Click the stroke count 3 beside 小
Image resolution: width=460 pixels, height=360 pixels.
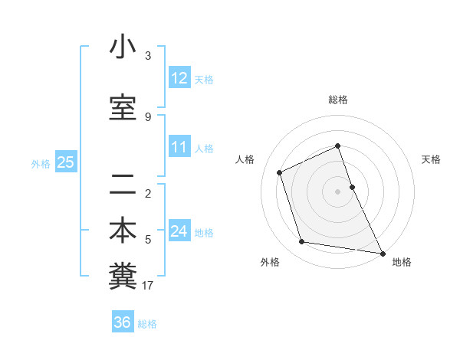[x=148, y=56]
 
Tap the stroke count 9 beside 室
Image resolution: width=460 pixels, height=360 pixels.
[x=148, y=117]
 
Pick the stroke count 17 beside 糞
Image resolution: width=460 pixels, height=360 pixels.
[x=148, y=286]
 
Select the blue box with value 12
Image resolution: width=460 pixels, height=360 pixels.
[x=179, y=77]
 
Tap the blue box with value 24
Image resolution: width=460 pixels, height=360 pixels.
[x=179, y=231]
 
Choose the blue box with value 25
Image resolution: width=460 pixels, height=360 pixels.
[x=65, y=162]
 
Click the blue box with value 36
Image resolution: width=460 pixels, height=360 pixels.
[x=123, y=322]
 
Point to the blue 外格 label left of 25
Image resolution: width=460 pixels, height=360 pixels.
[x=41, y=163]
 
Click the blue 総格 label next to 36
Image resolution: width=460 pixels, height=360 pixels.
[x=147, y=324]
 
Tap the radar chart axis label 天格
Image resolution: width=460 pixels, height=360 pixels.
[x=431, y=159]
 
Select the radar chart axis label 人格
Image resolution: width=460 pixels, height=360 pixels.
[x=245, y=159]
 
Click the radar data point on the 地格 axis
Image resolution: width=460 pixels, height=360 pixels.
[x=382, y=252]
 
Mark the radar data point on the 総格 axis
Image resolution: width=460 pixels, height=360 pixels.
[x=337, y=146]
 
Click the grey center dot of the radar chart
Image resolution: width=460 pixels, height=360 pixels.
[x=337, y=191]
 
